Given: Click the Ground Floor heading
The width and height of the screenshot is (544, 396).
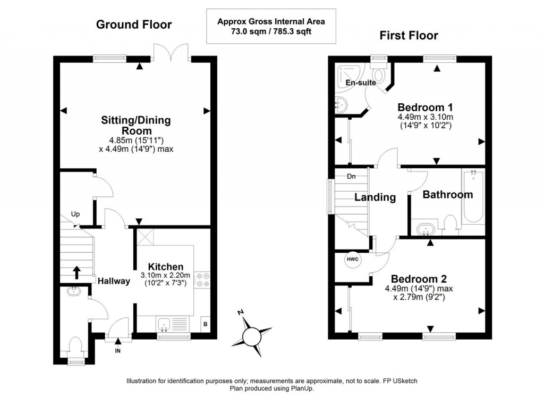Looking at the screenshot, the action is pyautogui.click(x=133, y=24).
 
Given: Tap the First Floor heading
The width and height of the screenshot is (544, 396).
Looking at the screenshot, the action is pyautogui.click(x=409, y=36).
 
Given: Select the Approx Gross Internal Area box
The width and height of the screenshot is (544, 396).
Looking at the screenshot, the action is pyautogui.click(x=271, y=27).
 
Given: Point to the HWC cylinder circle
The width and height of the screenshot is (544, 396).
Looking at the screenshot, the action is pyautogui.click(x=353, y=259).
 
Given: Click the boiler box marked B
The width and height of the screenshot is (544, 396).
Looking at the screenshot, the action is pyautogui.click(x=206, y=324).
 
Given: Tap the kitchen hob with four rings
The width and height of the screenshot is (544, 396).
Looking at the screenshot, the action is pyautogui.click(x=202, y=280).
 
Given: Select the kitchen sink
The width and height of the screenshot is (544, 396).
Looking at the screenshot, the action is pyautogui.click(x=164, y=325).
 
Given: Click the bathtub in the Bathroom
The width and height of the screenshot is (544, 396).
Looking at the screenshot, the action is pyautogui.click(x=473, y=196).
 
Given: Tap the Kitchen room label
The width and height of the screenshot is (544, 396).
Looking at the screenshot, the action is pyautogui.click(x=166, y=267).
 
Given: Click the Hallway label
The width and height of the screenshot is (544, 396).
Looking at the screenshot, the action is pyautogui.click(x=114, y=281).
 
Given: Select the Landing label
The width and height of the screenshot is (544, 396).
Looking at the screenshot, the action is pyautogui.click(x=375, y=197).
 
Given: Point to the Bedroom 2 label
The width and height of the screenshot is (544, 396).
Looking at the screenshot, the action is pyautogui.click(x=419, y=279).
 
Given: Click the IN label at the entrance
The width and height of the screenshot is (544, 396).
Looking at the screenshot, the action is pyautogui.click(x=117, y=351).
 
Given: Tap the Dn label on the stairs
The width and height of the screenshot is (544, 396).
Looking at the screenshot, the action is pyautogui.click(x=352, y=176).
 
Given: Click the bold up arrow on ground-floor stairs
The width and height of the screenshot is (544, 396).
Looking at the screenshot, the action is pyautogui.click(x=76, y=273).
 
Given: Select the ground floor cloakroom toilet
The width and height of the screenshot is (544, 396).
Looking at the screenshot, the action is pyautogui.click(x=75, y=348).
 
